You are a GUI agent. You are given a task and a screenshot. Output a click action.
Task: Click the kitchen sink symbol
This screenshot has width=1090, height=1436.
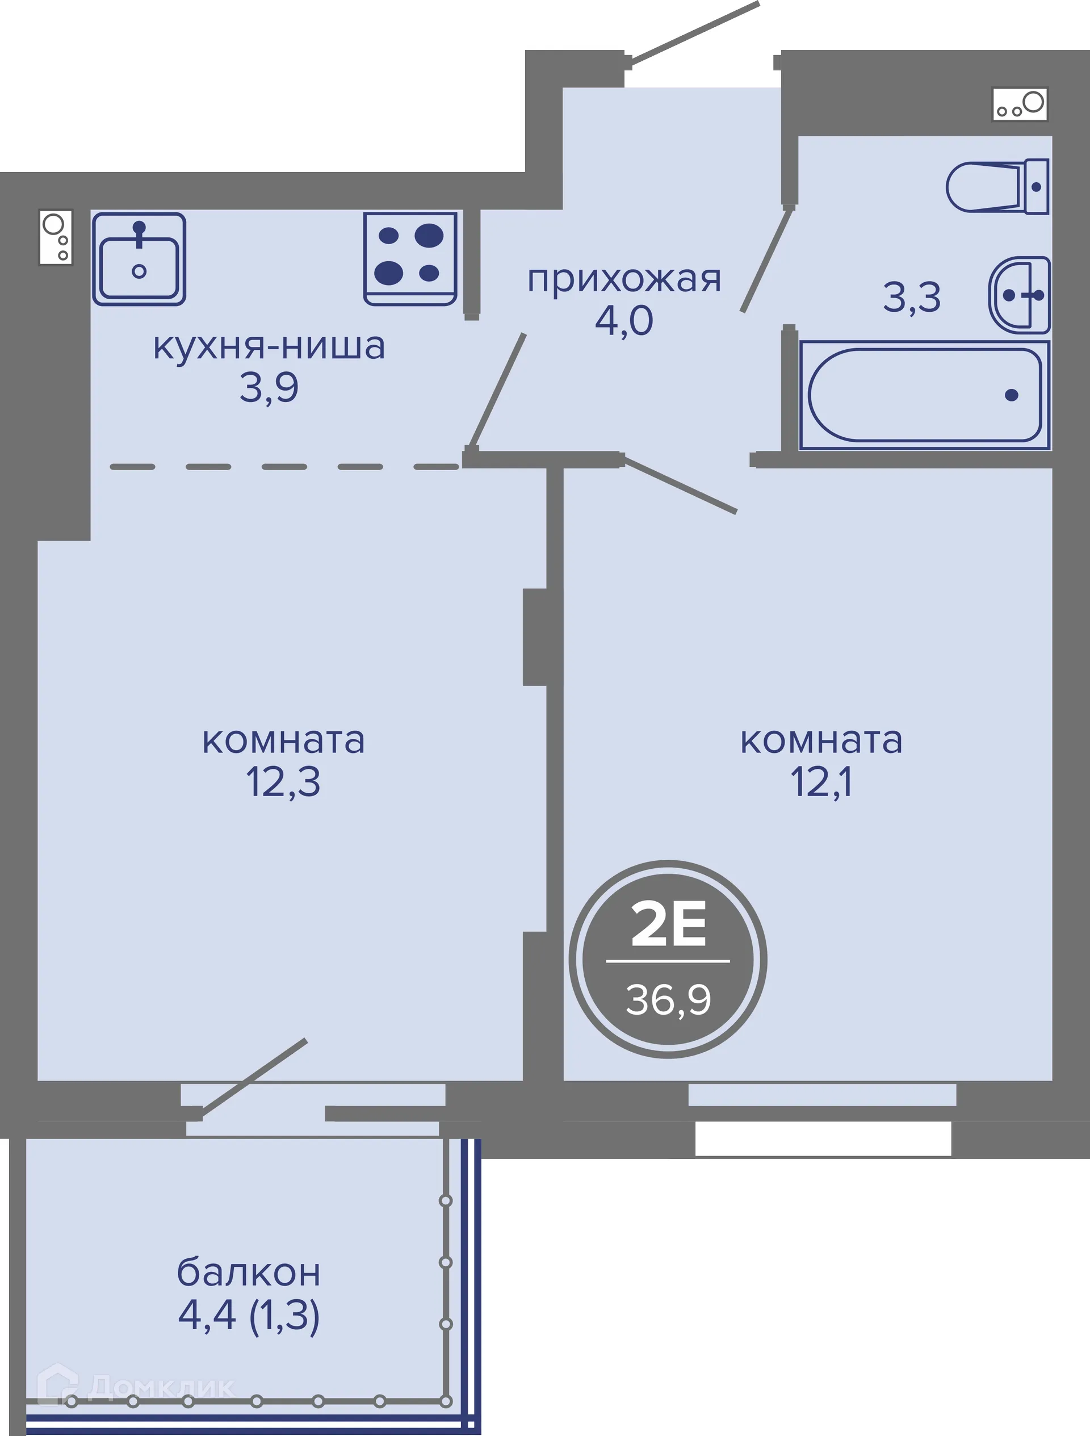(139, 259)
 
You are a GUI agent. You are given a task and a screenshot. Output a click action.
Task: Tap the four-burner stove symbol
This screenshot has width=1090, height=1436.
(410, 258)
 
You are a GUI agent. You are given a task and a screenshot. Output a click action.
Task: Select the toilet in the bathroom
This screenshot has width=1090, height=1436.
(996, 187)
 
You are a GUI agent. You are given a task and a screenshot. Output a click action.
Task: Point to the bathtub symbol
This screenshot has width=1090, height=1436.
(924, 395)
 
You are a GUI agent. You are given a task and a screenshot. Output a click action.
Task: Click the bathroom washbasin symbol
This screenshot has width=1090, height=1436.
(1020, 295)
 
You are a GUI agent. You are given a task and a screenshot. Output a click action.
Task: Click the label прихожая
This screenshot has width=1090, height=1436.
(624, 280)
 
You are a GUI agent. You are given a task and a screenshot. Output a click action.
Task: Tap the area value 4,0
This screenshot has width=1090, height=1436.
(624, 321)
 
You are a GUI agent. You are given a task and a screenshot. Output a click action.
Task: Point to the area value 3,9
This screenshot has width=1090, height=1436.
(269, 388)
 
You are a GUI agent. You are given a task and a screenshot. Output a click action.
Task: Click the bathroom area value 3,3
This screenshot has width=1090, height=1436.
(912, 298)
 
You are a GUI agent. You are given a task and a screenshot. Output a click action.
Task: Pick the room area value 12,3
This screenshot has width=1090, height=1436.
(283, 782)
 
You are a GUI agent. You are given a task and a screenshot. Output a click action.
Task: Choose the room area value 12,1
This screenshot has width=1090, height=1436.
(821, 782)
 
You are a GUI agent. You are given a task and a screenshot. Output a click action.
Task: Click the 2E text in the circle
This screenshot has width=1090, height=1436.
(668, 925)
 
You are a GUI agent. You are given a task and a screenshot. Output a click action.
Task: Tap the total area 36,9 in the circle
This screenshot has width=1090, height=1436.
(668, 1000)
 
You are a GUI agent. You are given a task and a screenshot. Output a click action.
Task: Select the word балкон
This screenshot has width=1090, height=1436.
(249, 1273)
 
